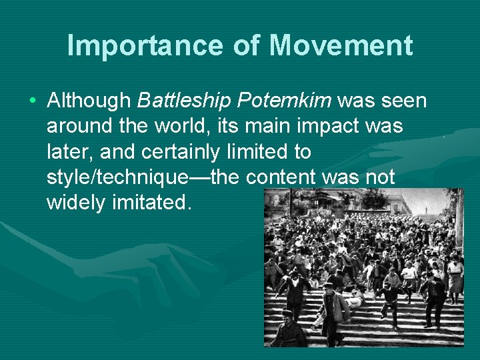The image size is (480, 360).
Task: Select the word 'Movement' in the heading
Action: tap(341, 46)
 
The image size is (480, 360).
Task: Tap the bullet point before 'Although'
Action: tap(33, 101)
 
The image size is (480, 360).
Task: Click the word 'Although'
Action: tap(89, 101)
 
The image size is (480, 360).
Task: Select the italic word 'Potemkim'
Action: tap(285, 101)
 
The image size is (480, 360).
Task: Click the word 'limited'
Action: tap(254, 151)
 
